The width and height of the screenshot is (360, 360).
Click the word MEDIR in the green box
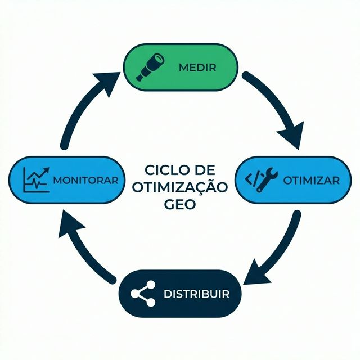[197, 67]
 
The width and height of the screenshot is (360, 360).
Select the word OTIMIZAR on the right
[311, 181]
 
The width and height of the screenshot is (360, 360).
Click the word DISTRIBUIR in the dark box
[196, 294]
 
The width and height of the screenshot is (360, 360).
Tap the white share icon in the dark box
[143, 294]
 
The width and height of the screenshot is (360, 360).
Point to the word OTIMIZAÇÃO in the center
[179, 187]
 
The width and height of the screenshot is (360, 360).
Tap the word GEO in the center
[179, 204]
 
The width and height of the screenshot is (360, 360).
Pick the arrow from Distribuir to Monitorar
[84, 247]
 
